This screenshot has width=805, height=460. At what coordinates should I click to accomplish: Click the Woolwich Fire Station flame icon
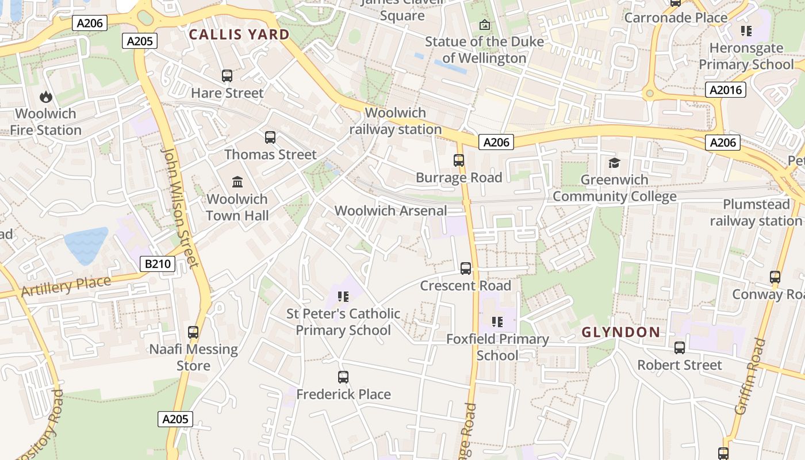click(x=45, y=97)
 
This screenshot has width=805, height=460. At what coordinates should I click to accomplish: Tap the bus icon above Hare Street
click(x=227, y=76)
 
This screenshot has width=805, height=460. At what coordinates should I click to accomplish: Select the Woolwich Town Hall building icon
click(x=237, y=182)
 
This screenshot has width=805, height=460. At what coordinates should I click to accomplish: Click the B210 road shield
click(x=158, y=264)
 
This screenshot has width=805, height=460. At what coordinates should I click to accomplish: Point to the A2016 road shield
click(x=726, y=90)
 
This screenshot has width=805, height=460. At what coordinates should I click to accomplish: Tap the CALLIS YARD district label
click(x=239, y=34)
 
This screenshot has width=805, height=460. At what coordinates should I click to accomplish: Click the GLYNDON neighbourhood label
click(x=620, y=332)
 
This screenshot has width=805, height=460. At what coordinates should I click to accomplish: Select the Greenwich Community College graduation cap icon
click(x=614, y=163)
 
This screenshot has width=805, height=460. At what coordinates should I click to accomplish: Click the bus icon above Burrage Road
click(x=459, y=160)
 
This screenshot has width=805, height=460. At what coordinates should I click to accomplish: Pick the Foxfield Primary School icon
click(x=497, y=322)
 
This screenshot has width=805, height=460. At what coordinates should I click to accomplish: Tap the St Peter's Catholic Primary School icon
click(x=343, y=297)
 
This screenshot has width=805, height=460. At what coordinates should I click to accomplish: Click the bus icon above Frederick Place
click(x=343, y=377)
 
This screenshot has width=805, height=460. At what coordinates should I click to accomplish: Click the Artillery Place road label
click(x=66, y=286)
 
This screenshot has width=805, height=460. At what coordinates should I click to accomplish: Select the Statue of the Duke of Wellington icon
click(x=485, y=25)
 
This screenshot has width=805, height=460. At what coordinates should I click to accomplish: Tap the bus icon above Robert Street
click(x=680, y=348)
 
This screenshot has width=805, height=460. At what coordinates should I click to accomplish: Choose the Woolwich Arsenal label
click(x=390, y=210)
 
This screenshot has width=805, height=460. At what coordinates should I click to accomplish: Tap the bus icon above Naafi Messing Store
click(x=193, y=332)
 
